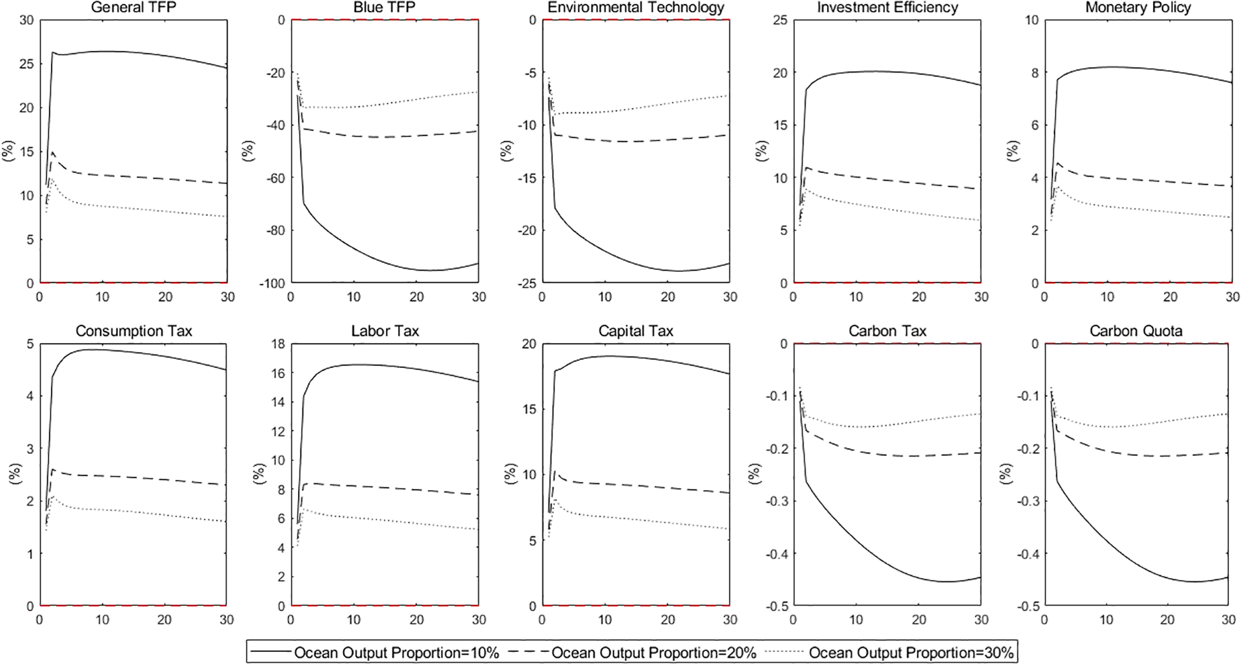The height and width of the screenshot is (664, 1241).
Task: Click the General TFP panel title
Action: pyautogui.click(x=134, y=8)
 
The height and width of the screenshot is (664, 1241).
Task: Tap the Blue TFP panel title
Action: pyautogui.click(x=384, y=8)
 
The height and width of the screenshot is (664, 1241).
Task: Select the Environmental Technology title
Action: pyautogui.click(x=635, y=8)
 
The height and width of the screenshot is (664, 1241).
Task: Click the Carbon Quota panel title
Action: pyautogui.click(x=1136, y=331)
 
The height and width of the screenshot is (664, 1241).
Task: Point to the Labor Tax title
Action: pyautogui.click(x=385, y=331)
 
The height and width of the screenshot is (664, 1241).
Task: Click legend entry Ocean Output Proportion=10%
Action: pyautogui.click(x=396, y=653)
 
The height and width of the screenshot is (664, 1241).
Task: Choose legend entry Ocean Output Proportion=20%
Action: pyautogui.click(x=653, y=653)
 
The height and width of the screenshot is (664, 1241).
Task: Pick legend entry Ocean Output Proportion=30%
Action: pyautogui.click(x=911, y=653)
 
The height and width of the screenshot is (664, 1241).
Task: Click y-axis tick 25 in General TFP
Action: pyautogui.click(x=25, y=64)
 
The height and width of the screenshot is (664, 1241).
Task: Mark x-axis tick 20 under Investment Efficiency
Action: pyautogui.click(x=919, y=297)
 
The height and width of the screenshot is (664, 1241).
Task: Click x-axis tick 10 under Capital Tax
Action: pyautogui.click(x=605, y=620)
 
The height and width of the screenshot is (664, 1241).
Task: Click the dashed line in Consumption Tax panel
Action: pyautogui.click(x=127, y=476)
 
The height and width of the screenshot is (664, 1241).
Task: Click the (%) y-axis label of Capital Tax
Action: pyautogui.click(x=510, y=474)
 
